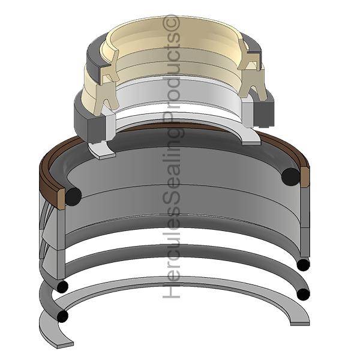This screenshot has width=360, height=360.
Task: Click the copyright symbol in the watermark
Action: [171, 23]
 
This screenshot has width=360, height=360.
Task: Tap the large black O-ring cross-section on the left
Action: [73, 196]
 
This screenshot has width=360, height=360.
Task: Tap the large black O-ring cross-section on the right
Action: [290, 177]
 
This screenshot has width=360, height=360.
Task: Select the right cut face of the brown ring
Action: [305, 177]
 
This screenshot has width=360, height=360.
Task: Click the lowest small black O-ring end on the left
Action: [62, 316]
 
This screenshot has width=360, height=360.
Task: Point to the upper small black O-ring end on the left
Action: [62, 286]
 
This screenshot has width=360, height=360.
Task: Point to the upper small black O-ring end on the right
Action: [303, 265]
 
